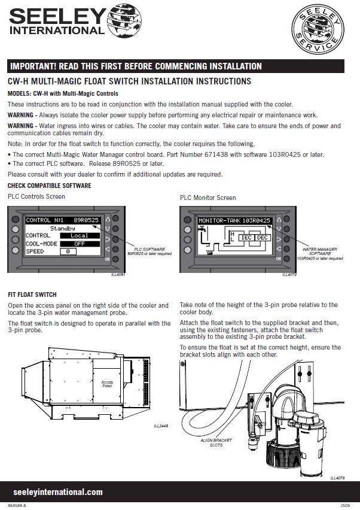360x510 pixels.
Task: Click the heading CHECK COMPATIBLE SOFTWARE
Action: click(49, 186)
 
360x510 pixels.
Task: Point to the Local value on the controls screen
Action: click(79, 236)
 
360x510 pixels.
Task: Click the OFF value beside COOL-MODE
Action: click(79, 244)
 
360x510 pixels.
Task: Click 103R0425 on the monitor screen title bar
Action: click(255, 221)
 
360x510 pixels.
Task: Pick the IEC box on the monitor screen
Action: click(245, 238)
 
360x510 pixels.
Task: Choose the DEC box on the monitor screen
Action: click(263, 238)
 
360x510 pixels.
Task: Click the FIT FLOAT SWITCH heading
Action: click(32, 295)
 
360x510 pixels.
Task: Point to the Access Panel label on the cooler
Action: click(107, 384)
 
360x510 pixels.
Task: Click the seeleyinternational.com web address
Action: click(58, 492)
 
